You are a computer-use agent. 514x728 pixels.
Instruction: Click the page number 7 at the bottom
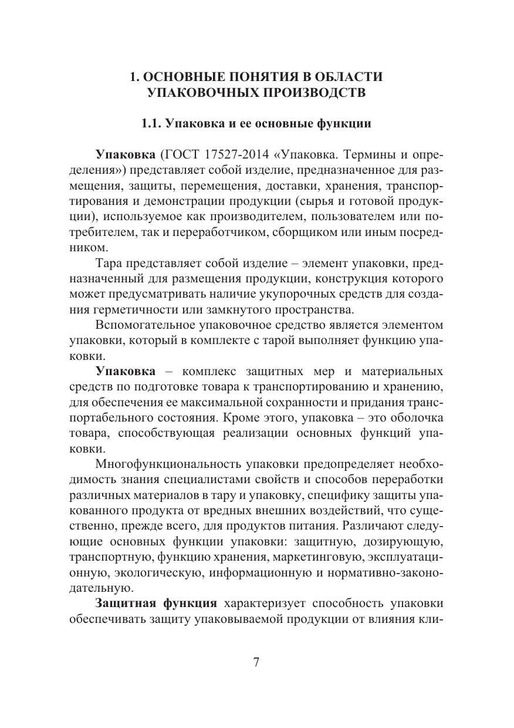tap(256, 663)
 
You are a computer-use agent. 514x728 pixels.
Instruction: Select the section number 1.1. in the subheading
tap(152, 124)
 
